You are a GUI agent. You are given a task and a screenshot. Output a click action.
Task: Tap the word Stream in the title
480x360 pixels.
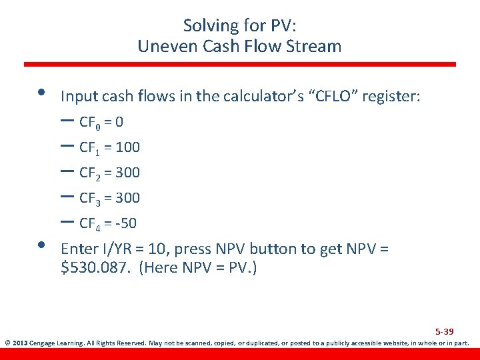[318, 47]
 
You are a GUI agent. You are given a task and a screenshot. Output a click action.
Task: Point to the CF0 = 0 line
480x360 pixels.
[101, 123]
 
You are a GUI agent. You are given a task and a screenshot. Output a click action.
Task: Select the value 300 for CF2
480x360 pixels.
[127, 173]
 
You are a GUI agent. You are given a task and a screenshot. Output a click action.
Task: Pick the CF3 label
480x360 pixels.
[89, 198]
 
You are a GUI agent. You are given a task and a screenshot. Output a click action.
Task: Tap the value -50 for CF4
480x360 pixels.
[125, 223]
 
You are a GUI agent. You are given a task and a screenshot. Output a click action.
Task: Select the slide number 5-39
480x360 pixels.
[445, 332]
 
